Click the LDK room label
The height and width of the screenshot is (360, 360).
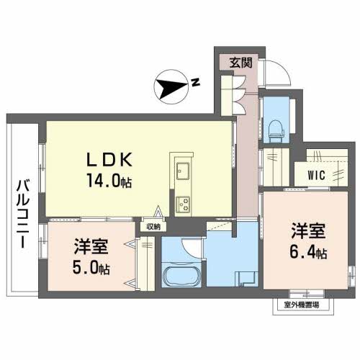click(x=109, y=160)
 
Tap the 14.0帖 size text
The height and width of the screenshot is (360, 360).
click(x=109, y=181)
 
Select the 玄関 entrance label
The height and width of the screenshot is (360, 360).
click(x=240, y=63)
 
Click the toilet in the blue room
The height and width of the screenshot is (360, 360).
click(x=276, y=131)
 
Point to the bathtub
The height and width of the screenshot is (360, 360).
click(x=182, y=276)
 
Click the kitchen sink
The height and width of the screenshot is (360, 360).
click(x=183, y=171)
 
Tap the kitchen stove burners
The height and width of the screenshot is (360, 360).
click(x=183, y=204)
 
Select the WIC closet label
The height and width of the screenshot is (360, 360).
click(x=317, y=175)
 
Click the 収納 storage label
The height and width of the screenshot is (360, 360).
click(x=153, y=227)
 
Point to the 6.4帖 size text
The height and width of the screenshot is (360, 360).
click(x=308, y=252)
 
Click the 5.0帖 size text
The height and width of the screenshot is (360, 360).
click(x=91, y=268)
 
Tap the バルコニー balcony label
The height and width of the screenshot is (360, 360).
click(x=23, y=215)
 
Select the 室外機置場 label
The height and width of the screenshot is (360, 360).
click(x=302, y=305)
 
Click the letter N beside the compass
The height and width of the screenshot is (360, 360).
click(x=196, y=82)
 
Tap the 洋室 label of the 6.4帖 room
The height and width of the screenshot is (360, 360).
click(x=308, y=231)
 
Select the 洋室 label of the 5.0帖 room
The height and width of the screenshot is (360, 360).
click(x=91, y=246)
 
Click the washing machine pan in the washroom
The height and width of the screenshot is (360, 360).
click(x=247, y=279)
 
